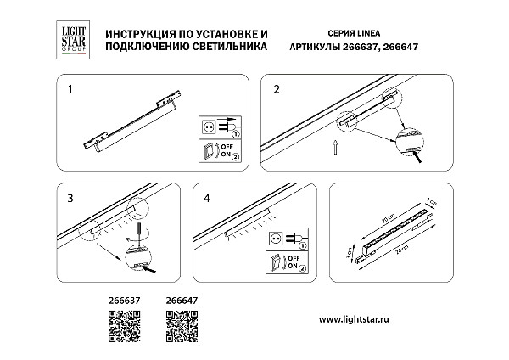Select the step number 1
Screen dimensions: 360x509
click(70, 87)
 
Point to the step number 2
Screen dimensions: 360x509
click(277, 87)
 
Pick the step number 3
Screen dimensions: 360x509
click(70, 198)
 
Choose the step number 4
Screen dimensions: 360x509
click(207, 198)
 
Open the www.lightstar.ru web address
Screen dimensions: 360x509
click(359, 319)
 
